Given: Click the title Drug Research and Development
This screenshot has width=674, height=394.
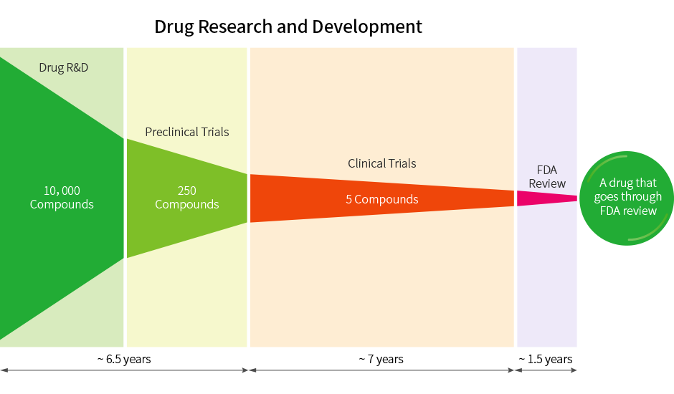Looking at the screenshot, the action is (288, 27).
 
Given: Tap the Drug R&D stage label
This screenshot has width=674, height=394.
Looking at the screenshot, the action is (64, 67).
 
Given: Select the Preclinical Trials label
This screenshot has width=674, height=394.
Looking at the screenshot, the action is (187, 132).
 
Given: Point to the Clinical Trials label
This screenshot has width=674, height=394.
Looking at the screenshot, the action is (381, 163).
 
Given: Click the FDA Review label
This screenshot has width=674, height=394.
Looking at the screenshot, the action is (547, 177).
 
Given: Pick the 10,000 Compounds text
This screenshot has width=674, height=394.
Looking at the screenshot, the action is (62, 197).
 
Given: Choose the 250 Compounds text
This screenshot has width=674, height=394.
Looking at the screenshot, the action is (187, 197).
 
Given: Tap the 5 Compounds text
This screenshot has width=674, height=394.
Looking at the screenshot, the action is (381, 199).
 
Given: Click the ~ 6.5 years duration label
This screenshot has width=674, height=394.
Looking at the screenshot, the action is (124, 359).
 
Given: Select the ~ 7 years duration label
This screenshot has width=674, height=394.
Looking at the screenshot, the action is (381, 359).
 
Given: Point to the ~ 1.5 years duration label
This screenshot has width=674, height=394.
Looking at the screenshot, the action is (546, 359).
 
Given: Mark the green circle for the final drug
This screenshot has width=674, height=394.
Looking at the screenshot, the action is (626, 198).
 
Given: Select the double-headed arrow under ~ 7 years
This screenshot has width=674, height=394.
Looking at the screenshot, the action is (381, 370).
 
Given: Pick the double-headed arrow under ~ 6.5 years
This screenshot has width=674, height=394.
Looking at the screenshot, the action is (124, 370).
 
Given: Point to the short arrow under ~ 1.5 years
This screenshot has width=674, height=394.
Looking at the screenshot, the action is (546, 370).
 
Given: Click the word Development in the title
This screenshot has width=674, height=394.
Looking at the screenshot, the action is (367, 27).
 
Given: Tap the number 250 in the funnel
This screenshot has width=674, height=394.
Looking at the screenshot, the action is (187, 191).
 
